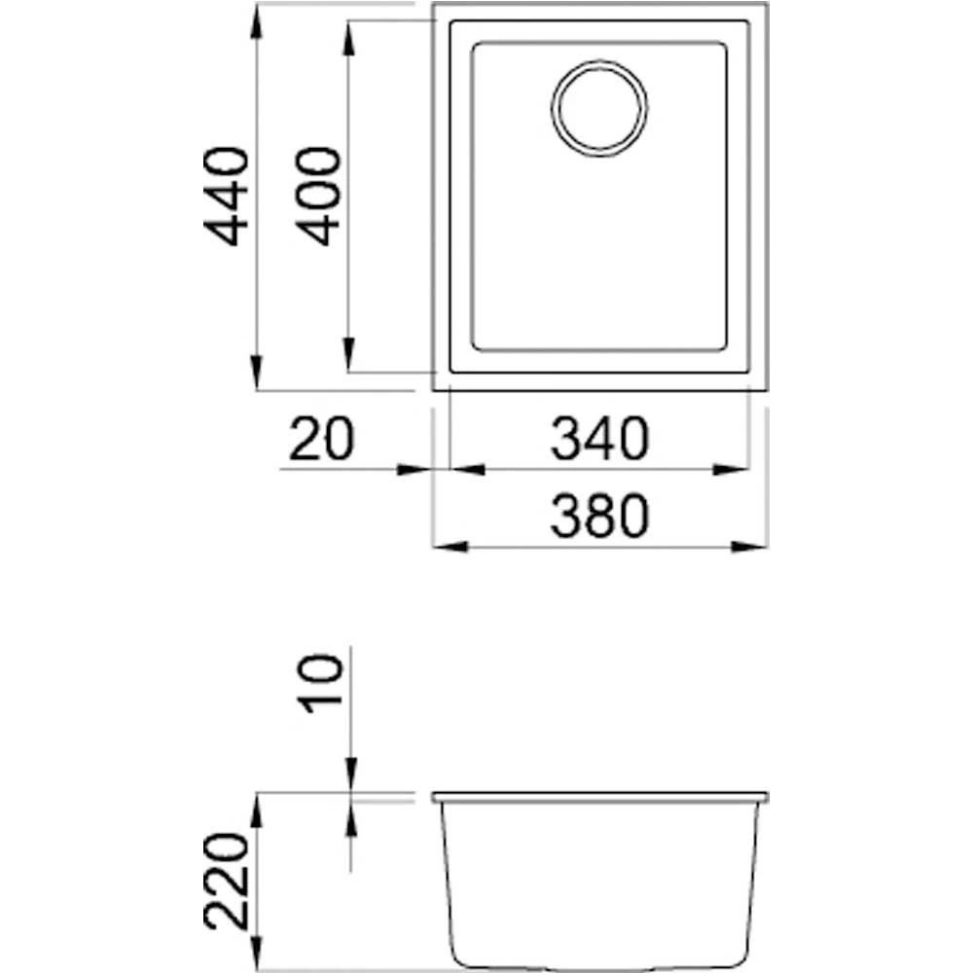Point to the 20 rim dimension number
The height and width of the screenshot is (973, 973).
(321, 440)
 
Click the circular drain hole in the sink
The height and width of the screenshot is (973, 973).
(599, 107)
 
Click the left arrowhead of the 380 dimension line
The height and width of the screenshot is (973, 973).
(448, 547)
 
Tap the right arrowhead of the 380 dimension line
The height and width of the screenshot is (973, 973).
(752, 547)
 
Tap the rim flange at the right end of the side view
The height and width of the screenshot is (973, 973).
(761, 798)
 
